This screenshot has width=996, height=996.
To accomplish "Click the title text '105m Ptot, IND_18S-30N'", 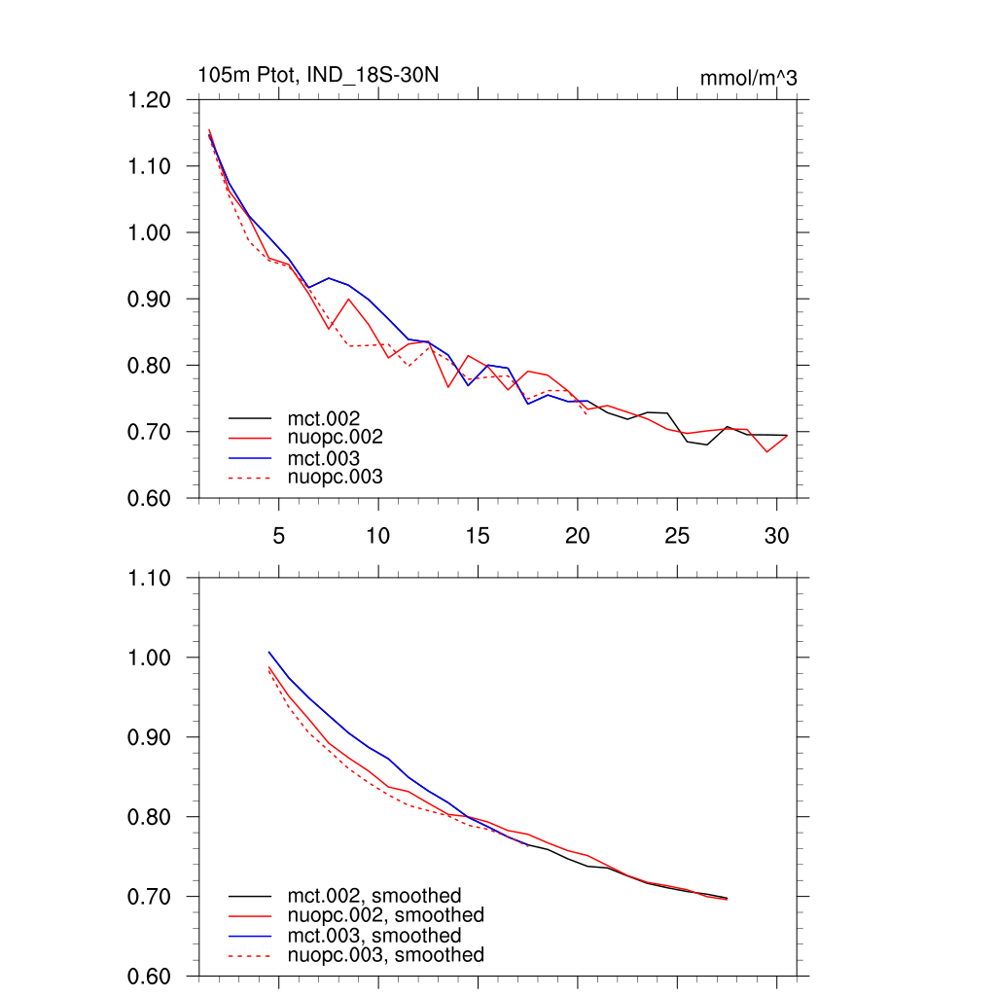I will click(x=324, y=75).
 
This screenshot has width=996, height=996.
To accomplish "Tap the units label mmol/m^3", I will click(x=748, y=78).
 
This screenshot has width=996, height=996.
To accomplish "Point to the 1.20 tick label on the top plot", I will click(x=150, y=100).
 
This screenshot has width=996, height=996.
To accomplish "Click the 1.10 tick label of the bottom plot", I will click(x=150, y=578).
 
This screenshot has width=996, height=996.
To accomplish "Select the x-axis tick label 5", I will click(x=279, y=535).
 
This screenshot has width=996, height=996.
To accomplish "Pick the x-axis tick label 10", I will click(x=378, y=535).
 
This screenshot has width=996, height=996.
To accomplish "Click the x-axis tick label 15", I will click(x=478, y=535).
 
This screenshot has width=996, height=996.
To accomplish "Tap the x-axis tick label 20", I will click(x=577, y=535).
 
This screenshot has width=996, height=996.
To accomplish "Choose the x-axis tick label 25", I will click(x=677, y=535).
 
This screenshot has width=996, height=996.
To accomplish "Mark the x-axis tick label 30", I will click(x=776, y=535).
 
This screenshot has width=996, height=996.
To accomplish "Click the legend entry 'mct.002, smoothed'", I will click(x=373, y=896).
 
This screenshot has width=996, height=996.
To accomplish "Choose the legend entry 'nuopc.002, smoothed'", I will click(x=385, y=915).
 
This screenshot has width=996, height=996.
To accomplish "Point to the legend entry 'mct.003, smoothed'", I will click(x=373, y=936).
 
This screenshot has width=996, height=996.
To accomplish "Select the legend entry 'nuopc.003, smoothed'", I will click(x=385, y=955).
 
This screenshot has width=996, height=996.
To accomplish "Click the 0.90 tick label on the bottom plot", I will click(x=150, y=737).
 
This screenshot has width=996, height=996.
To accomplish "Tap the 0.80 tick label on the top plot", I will click(x=150, y=366).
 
